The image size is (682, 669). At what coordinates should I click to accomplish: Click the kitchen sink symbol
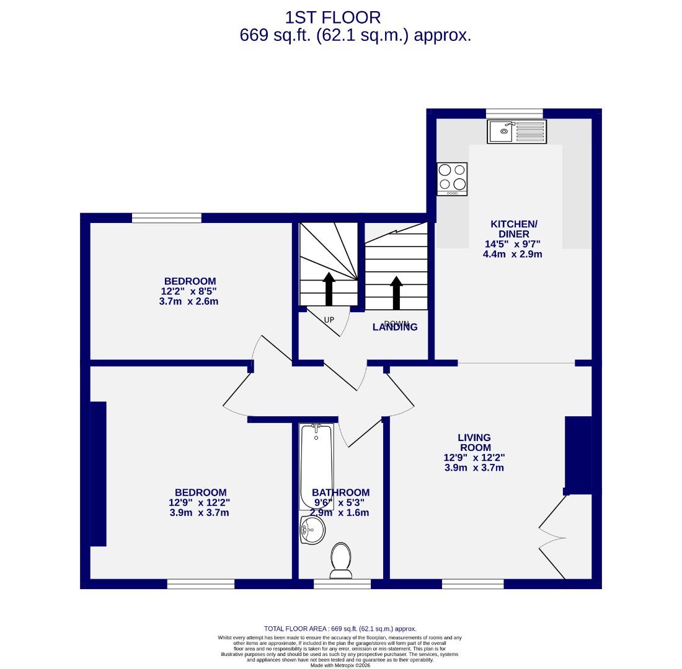(x=516, y=131)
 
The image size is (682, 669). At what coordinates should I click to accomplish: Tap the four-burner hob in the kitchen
(x=452, y=178)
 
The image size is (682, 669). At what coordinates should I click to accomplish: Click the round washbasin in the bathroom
(x=312, y=530)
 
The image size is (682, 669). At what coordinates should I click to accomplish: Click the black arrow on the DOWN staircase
(x=396, y=292)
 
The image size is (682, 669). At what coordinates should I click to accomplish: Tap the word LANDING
(x=395, y=328)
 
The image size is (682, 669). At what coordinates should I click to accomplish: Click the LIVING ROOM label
(x=474, y=442)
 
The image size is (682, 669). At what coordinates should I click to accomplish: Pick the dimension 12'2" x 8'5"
(x=189, y=292)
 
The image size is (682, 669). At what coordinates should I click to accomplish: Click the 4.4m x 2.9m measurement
(x=512, y=254)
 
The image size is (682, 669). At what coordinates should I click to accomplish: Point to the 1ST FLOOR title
(x=332, y=17)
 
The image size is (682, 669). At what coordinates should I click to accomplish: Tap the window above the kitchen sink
(x=514, y=113)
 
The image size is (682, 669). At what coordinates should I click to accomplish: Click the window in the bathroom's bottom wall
(x=342, y=584)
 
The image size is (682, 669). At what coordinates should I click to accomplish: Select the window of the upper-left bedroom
(x=167, y=217)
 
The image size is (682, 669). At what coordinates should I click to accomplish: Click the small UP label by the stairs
(x=329, y=320)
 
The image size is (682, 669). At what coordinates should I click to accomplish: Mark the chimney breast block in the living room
(x=578, y=455)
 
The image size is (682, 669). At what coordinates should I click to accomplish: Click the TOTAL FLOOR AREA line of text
(x=340, y=628)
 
